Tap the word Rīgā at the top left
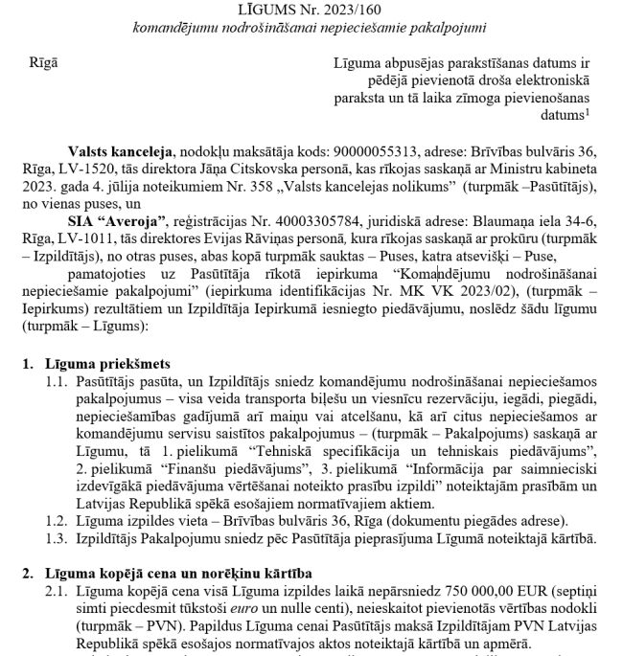43,63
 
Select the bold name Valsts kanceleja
120,153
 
